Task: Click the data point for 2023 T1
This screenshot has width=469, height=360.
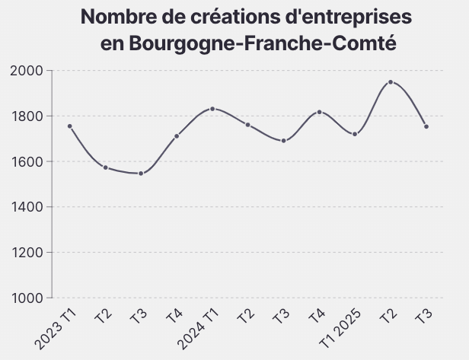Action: coord(69,126)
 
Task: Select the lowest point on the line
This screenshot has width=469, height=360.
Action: coord(141,174)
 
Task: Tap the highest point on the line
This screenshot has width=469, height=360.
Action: coord(391,82)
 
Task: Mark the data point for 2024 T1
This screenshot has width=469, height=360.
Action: coord(212,109)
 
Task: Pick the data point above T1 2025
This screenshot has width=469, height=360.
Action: coord(355,134)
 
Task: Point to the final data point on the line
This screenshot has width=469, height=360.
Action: coord(426,126)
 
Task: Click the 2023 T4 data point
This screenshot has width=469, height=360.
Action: coord(177,136)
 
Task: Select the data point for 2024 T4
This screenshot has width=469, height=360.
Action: coord(319,112)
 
